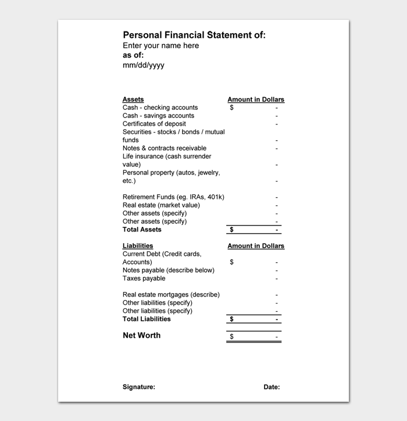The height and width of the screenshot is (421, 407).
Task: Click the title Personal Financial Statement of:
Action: point(194,35)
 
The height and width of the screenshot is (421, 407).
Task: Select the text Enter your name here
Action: point(160,45)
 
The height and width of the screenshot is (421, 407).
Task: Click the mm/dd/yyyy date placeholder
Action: point(143,65)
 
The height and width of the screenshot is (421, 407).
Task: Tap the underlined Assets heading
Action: point(133,99)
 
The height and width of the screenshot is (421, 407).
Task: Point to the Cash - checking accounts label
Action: point(160,108)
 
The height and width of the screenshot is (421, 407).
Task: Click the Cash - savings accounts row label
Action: point(158,116)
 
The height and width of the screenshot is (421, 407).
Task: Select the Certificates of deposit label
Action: point(154,124)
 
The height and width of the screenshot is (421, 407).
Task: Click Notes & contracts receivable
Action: point(164,148)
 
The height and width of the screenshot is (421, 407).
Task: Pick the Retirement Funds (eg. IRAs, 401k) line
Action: point(173,197)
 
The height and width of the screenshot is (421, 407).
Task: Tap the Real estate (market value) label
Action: point(161,205)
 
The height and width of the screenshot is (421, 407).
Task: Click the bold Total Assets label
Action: point(142,230)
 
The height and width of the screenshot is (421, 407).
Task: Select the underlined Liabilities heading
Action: point(138,246)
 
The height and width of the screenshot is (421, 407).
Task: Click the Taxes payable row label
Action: point(144,279)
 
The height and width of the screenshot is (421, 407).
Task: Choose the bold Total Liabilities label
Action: point(147,319)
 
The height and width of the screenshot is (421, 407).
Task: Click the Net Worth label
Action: point(141,336)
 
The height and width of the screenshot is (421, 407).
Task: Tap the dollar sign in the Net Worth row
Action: point(231,337)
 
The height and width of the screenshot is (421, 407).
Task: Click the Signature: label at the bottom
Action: point(138,387)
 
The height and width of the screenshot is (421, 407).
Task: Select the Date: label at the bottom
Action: point(272,387)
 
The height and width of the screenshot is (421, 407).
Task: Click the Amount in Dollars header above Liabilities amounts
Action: point(256,246)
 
